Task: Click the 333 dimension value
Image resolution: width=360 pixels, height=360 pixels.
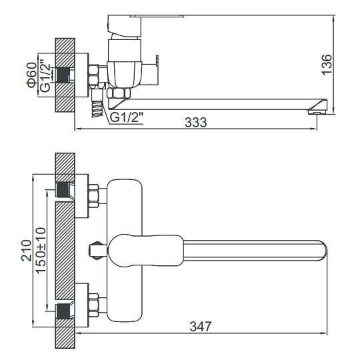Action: coord(195,122)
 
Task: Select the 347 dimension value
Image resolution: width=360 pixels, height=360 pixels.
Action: coord(201,326)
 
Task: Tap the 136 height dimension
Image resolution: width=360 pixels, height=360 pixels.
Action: coord(327,65)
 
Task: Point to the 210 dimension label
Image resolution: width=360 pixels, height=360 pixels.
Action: coord(26,251)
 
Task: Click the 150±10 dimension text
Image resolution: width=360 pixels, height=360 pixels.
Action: coord(41,250)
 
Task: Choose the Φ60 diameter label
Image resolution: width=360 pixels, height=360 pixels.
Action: coord(31,75)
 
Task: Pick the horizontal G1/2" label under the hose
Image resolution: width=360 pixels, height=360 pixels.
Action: coord(126,118)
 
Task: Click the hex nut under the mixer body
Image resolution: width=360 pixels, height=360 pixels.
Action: coord(119,93)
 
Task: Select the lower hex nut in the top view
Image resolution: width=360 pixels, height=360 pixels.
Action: coord(94,305)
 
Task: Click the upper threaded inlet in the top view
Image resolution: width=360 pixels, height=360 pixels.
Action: coord(63,190)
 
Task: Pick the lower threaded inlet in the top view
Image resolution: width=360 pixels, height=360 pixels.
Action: coord(63,311)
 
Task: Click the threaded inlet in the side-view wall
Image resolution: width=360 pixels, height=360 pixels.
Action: coord(63,75)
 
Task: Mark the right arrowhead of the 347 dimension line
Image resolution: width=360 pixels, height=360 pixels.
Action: coord(324,333)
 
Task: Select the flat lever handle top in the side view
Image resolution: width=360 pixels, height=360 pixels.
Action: coord(157,16)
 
